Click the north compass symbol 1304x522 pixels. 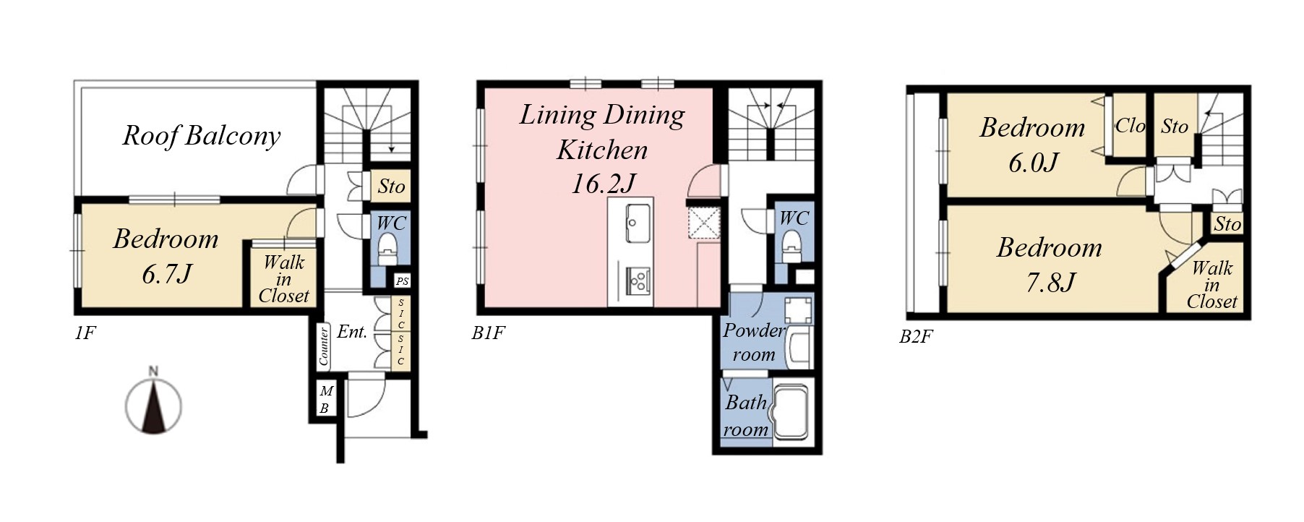pyautogui.click(x=153, y=406)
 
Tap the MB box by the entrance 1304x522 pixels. pyautogui.click(x=325, y=401)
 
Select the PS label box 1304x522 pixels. pyautogui.click(x=402, y=281)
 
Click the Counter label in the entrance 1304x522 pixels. pyautogui.click(x=324, y=345)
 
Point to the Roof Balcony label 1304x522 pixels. pyautogui.click(x=201, y=136)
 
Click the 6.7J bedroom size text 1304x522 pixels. pyautogui.click(x=167, y=275)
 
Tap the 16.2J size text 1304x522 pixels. pyautogui.click(x=603, y=184)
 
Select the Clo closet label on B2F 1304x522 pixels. pyautogui.click(x=1131, y=126)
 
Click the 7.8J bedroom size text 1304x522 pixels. pyautogui.click(x=1050, y=282)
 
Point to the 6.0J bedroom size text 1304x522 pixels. pyautogui.click(x=1034, y=162)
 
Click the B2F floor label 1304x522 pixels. pyautogui.click(x=916, y=337)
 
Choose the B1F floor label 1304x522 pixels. pyautogui.click(x=488, y=333)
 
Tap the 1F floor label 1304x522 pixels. pyautogui.click(x=85, y=333)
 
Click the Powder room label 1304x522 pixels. pyautogui.click(x=754, y=342)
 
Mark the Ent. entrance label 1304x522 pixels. pyautogui.click(x=352, y=332)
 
